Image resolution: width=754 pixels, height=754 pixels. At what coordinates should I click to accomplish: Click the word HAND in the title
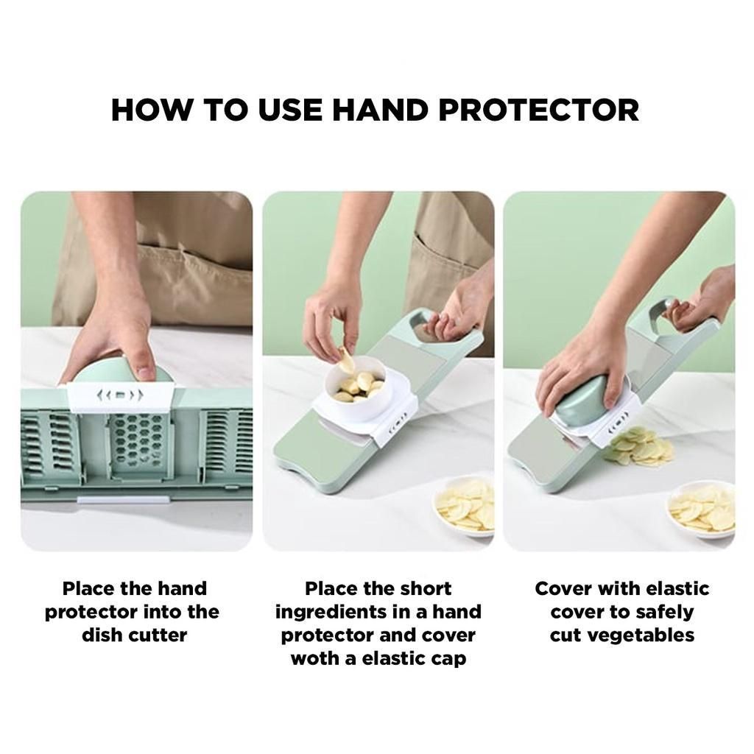(380, 110)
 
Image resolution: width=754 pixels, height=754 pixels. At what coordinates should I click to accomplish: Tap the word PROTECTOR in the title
(538, 110)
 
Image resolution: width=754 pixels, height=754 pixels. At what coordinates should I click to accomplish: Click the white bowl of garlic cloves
(355, 387)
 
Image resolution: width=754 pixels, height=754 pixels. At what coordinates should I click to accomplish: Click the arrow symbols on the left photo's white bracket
(120, 395)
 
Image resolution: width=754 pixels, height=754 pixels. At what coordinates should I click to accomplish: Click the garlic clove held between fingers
(345, 359)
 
